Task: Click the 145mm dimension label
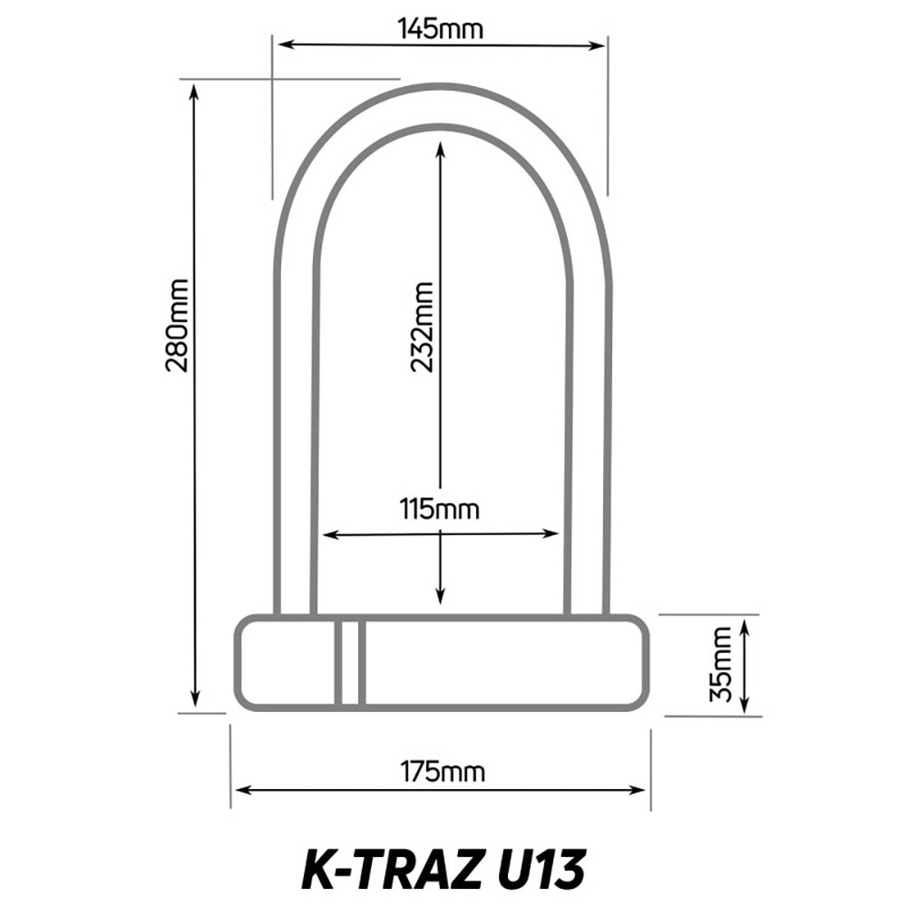(441, 28)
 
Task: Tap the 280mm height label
(177, 325)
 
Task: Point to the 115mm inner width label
(440, 509)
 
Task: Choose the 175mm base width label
(443, 772)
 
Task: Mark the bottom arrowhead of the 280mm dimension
(195, 699)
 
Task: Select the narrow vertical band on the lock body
(349, 662)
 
